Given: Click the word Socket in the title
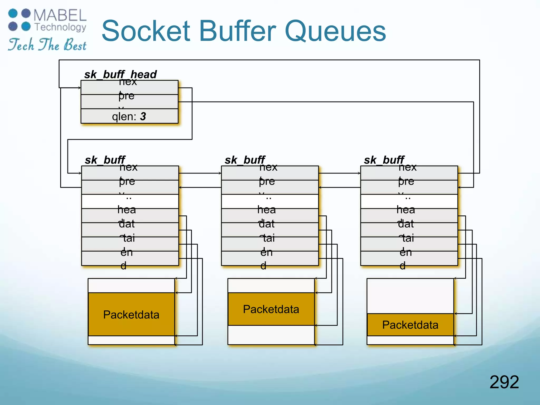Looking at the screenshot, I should coord(146,31).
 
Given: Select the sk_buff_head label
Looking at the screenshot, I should coord(120,74).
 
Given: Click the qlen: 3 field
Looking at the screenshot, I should coord(129,116).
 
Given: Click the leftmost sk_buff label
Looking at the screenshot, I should coord(105,160).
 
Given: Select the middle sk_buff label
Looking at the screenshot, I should coord(245,160).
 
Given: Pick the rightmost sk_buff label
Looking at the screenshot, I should coord(384,160).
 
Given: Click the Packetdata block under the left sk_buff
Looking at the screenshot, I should coord(131,314).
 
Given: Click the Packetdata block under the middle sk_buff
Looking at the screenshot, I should coord(271,309).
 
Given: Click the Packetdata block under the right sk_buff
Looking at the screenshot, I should coord(410,325).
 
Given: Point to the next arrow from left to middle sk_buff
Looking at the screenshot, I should coord(200,173).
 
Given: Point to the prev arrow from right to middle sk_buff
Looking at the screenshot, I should coord(340,187).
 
